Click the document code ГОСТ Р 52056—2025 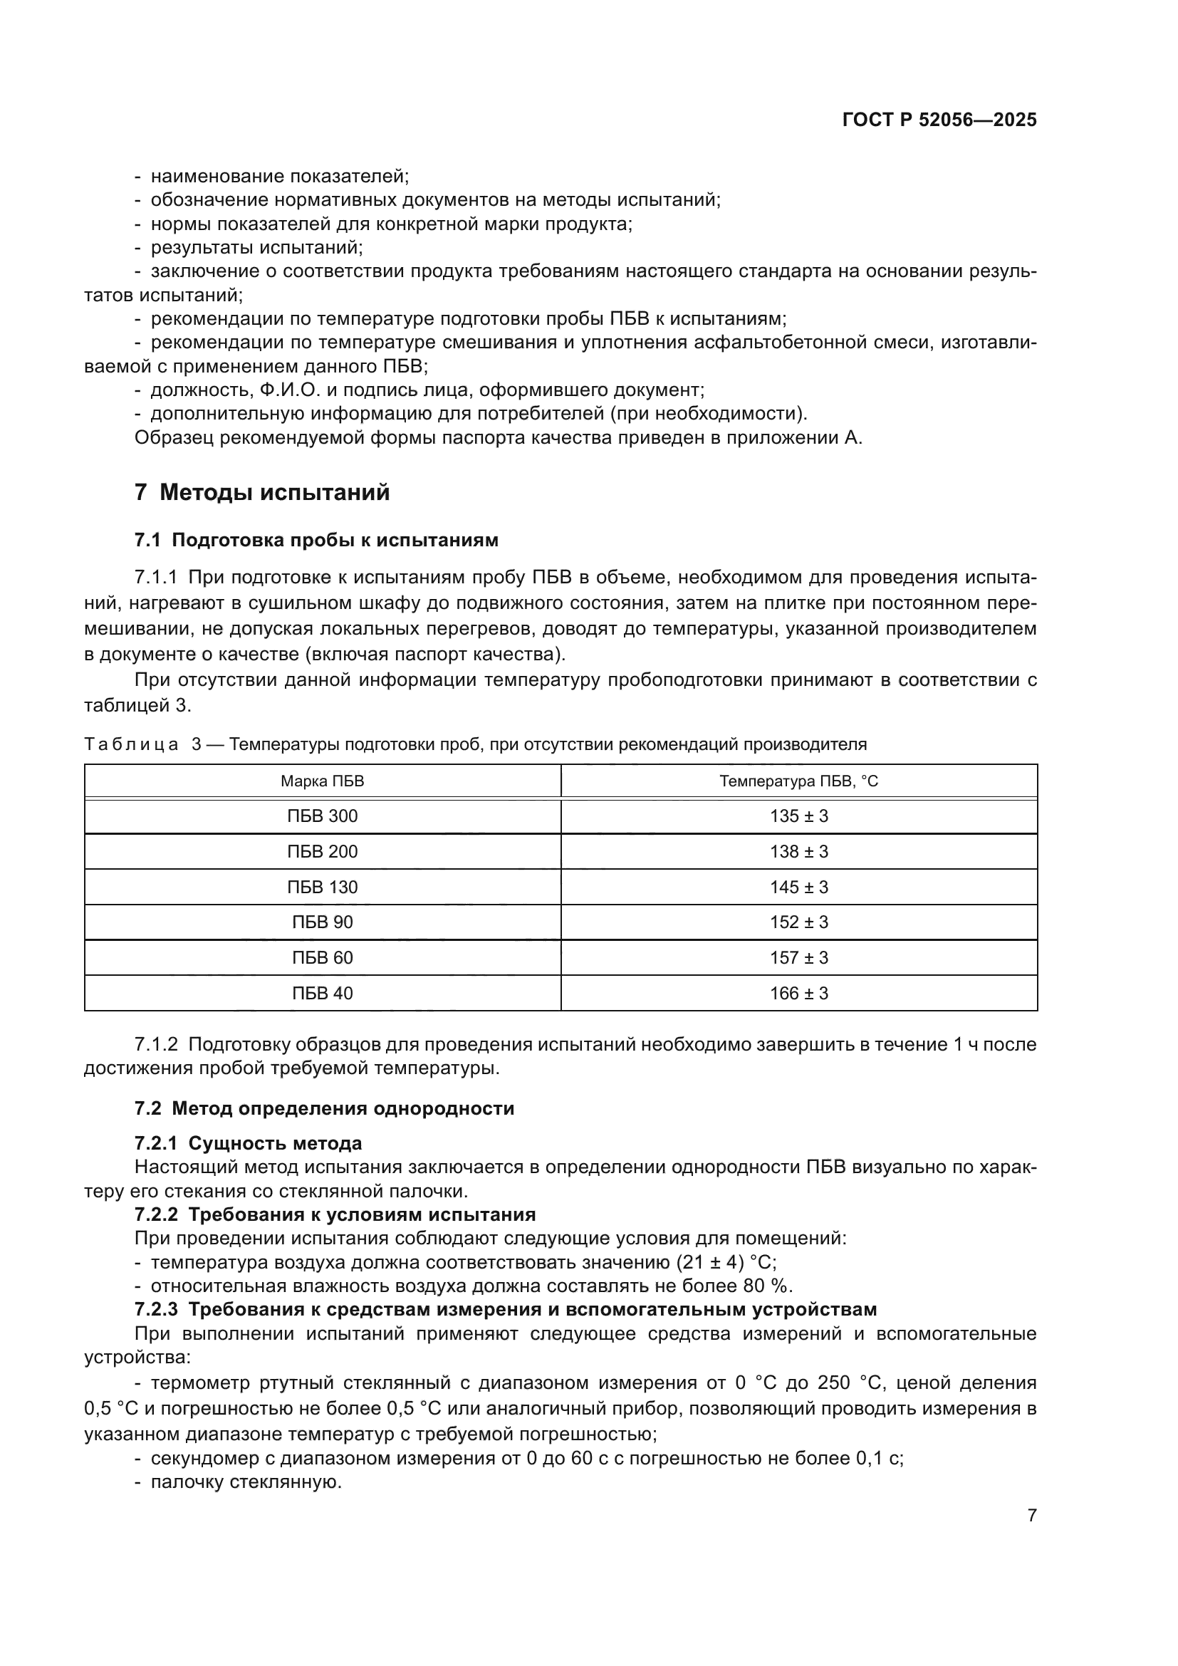(939, 120)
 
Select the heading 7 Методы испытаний (262, 493)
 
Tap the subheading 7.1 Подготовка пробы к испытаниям (316, 540)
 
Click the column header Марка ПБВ (322, 781)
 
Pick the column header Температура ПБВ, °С (798, 781)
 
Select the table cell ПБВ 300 (322, 816)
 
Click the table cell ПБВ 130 (322, 887)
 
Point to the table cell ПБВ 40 (322, 994)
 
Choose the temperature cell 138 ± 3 (798, 851)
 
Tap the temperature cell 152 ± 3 (798, 922)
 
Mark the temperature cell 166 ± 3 (798, 994)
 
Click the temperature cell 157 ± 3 (798, 958)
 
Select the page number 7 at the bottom (1031, 1516)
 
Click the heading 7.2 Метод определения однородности (324, 1109)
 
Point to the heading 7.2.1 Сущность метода (248, 1144)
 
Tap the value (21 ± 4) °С (725, 1263)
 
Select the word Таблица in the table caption (130, 744)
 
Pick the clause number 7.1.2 (156, 1045)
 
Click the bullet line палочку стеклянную (245, 1482)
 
